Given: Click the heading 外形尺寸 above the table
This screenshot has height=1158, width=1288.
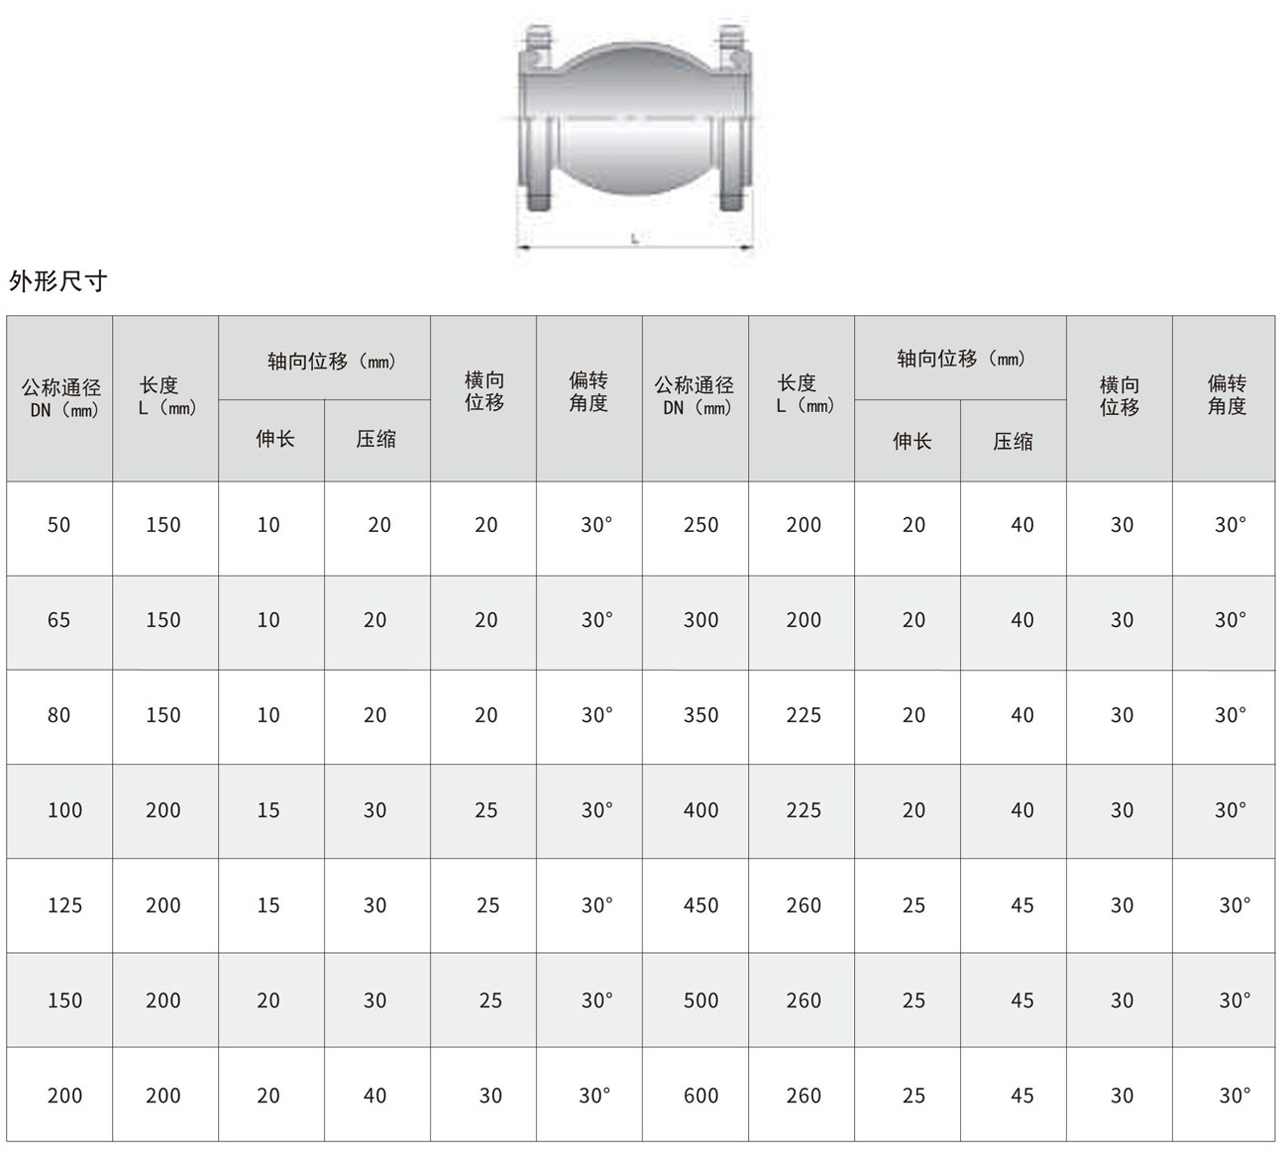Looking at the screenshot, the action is [57, 280].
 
